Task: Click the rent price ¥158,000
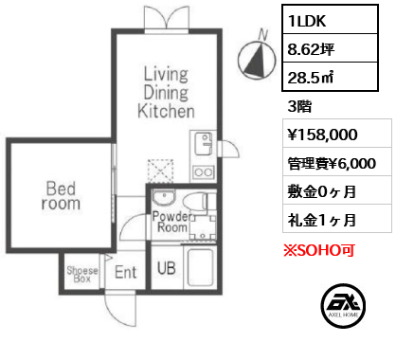(326, 136)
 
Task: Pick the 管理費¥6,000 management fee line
(333, 163)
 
